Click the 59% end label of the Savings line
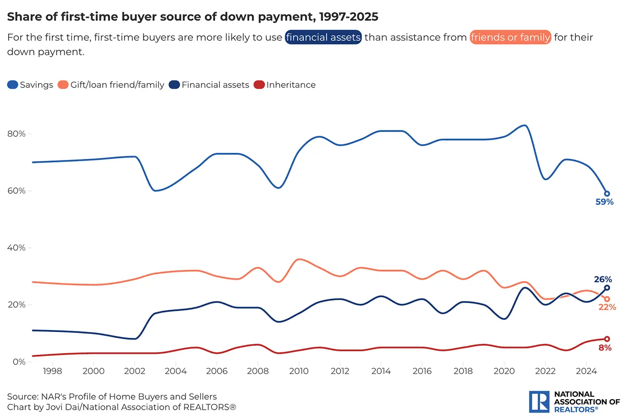[604, 202]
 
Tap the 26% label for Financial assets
[603, 279]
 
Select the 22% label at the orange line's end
[607, 307]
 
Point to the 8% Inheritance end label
[605, 347]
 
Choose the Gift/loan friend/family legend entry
[111, 85]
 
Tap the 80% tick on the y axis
[16, 134]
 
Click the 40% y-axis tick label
[16, 248]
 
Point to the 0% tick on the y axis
[18, 362]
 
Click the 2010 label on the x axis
[299, 371]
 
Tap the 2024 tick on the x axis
[586, 371]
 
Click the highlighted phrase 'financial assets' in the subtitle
[323, 37]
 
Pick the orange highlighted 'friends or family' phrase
[510, 37]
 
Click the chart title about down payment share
[192, 17]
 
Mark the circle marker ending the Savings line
[607, 194]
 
